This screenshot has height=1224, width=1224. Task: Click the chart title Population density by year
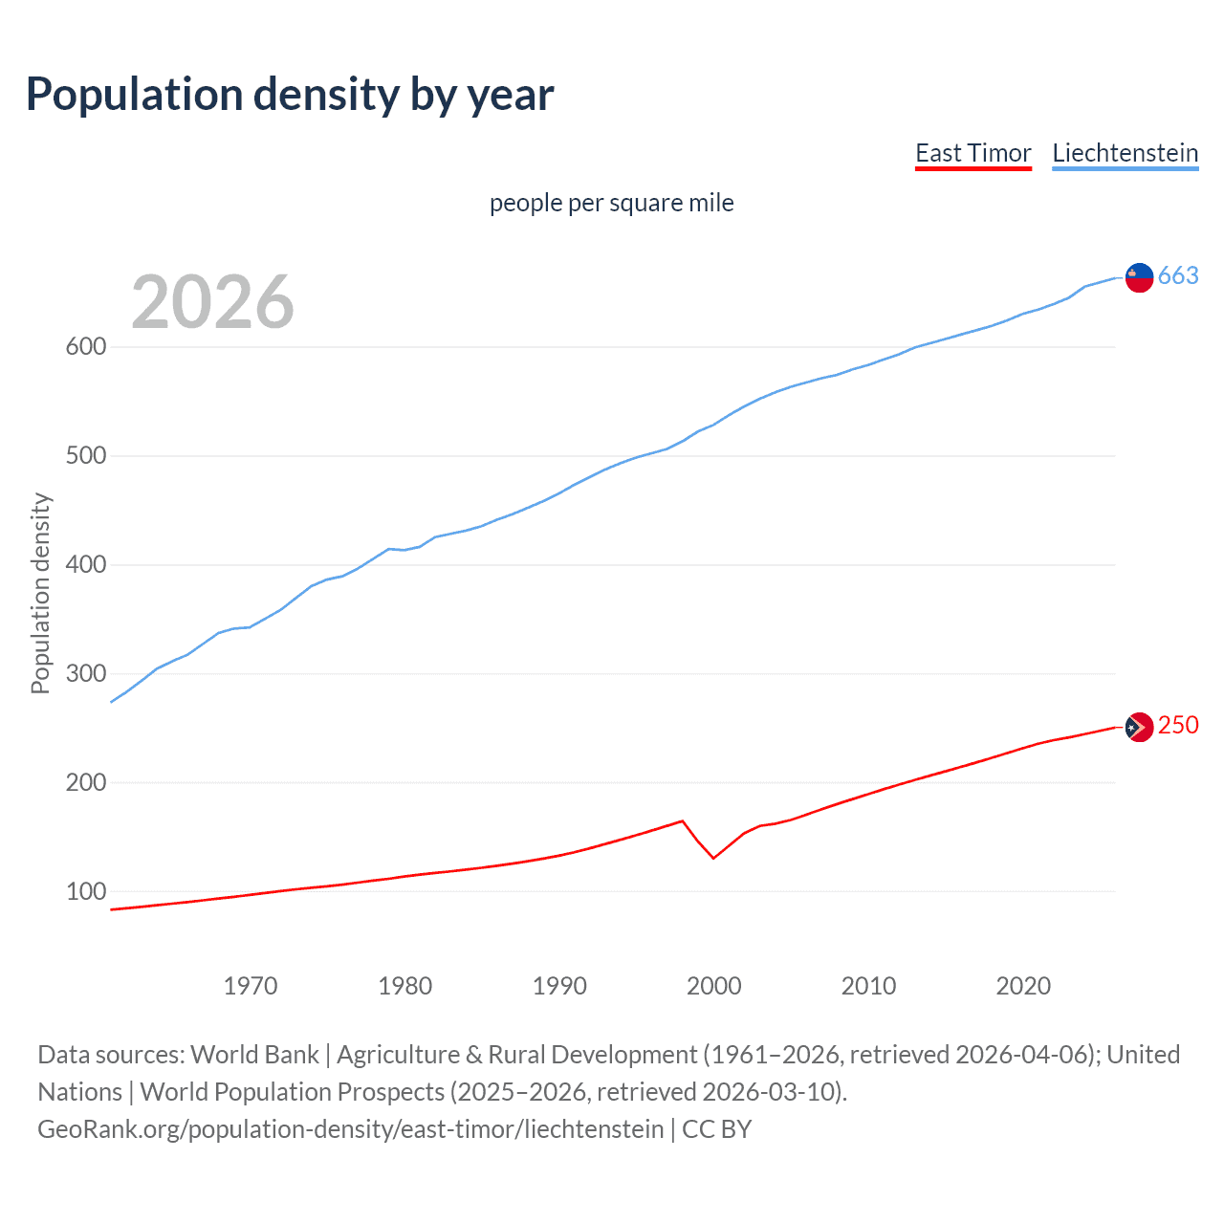point(290,95)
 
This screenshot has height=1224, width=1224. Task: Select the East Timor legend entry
point(973,154)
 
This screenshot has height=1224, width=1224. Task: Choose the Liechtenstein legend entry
point(1125,154)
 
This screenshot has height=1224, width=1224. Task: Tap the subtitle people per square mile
point(611,204)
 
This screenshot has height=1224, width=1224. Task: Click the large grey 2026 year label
point(212,302)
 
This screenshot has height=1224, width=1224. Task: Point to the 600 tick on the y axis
point(85,347)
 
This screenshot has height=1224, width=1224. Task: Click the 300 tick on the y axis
point(85,674)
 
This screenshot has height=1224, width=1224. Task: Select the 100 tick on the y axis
point(85,892)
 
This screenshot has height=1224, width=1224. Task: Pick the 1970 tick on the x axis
point(251,986)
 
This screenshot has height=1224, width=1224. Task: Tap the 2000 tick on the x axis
point(714,986)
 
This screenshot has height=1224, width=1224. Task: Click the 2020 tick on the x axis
point(1023,986)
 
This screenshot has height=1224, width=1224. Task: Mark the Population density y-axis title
point(40,593)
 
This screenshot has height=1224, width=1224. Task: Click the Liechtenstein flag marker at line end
point(1139,277)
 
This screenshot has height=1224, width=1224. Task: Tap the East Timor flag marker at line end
point(1139,728)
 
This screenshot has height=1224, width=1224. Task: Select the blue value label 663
point(1178,276)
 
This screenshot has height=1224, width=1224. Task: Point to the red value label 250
point(1178,726)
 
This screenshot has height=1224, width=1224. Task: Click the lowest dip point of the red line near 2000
point(713,858)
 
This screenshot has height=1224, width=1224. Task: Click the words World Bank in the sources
point(254,1055)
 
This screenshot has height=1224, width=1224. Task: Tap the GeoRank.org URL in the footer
point(350,1129)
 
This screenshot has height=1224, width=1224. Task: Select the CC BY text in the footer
point(717,1129)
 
